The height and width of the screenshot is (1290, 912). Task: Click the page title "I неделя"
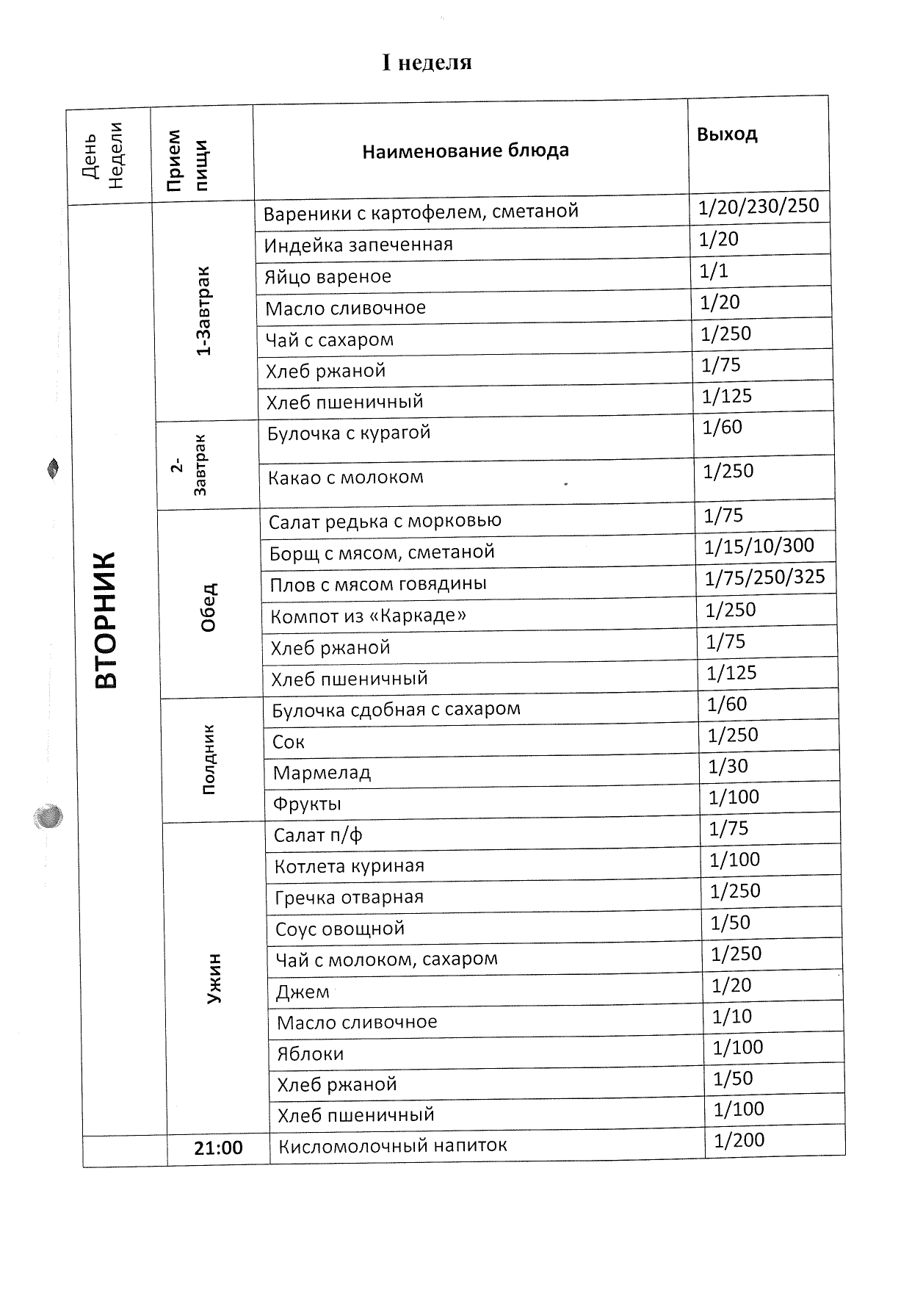pos(427,63)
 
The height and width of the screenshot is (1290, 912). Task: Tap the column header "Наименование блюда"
pos(466,151)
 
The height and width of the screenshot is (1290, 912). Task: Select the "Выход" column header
pos(727,134)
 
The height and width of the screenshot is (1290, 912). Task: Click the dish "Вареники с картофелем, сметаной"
pos(421,212)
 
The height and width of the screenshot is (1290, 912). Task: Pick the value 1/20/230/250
pos(759,206)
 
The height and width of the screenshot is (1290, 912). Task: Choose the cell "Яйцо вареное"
pos(327,277)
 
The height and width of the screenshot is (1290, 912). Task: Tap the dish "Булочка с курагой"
pos(349,433)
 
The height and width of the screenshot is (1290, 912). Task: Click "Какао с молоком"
pos(346,478)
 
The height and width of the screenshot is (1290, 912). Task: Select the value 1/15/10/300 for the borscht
pos(759,546)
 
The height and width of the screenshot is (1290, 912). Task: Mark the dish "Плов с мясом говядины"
pos(378,585)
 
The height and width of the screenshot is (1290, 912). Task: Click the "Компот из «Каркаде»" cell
pos(368,616)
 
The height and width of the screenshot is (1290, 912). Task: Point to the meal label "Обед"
pos(209,607)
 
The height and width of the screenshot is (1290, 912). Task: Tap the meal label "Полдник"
pos(209,760)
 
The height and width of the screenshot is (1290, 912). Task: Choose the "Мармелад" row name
pos(322,773)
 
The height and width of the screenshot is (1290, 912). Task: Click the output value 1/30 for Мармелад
pos(728,767)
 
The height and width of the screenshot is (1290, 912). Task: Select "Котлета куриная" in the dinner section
pos(350,867)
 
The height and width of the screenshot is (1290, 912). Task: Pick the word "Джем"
pos(302,992)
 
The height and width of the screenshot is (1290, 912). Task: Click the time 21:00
pos(218,1148)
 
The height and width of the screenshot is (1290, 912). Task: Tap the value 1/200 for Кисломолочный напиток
pos(739,1140)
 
